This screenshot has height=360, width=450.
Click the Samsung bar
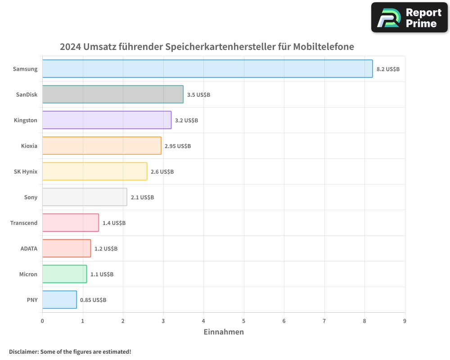coord(207,69)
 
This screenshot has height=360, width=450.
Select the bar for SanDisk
coord(113,94)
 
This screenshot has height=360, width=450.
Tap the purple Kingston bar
coord(107,120)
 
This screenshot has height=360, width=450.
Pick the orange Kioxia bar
coord(102,146)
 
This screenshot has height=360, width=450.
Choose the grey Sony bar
coord(85,197)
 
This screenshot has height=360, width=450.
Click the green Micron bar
coord(64,274)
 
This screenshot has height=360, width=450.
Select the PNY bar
coord(59,300)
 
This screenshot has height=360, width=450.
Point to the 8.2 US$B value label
coord(388,69)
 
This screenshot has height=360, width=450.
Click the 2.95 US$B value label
coord(177,146)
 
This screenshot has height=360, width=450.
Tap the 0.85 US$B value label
coord(93,300)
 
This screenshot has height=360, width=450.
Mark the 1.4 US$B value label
coord(114,223)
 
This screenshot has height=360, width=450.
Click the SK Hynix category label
coord(26,171)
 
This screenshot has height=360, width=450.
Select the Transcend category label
coord(24,223)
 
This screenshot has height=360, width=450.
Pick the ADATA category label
coord(29,248)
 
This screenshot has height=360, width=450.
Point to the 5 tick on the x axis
coord(244,321)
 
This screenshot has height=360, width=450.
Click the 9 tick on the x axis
coord(405,321)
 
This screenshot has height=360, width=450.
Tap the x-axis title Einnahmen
coord(224,332)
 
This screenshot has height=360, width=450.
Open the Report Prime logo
coord(409,18)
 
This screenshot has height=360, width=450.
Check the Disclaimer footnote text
coord(70,352)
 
